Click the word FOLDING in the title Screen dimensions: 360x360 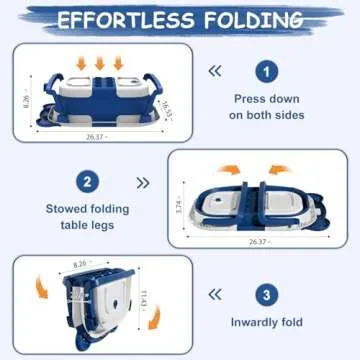(261, 19)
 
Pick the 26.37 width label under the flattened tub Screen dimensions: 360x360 (257, 241)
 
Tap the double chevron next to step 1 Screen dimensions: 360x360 (214, 71)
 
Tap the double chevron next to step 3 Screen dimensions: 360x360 (214, 294)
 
